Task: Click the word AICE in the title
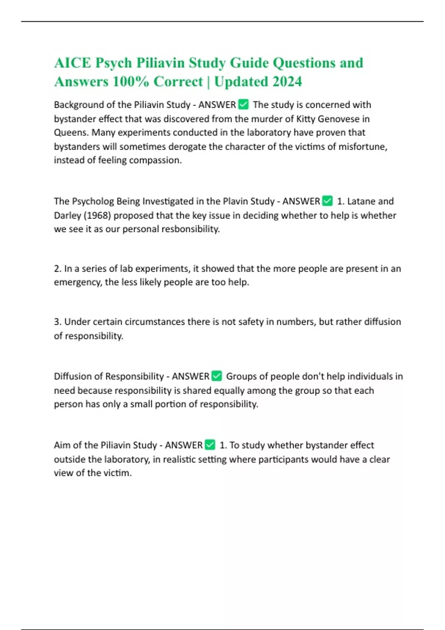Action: click(72, 63)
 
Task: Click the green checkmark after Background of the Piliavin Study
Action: click(243, 105)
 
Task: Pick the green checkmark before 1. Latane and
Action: click(327, 201)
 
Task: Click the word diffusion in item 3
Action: click(382, 322)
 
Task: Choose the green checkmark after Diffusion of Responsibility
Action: click(217, 376)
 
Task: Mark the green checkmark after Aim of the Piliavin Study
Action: click(210, 445)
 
